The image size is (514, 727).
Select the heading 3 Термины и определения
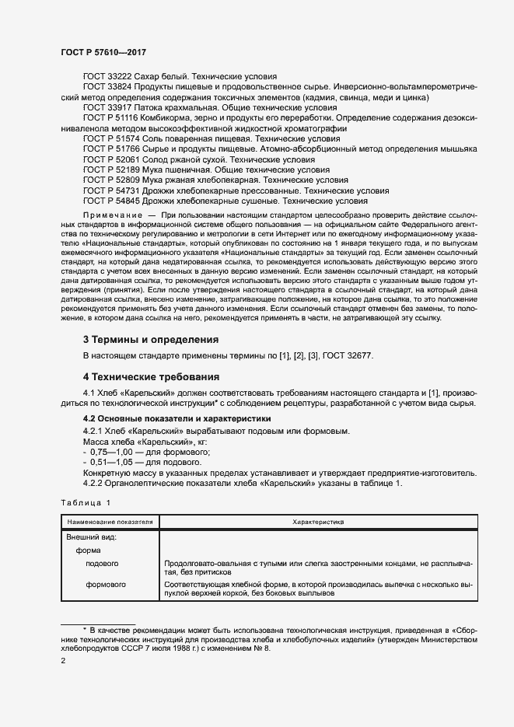(x=150, y=339)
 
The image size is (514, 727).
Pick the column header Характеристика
(x=318, y=523)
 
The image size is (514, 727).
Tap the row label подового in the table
(x=102, y=563)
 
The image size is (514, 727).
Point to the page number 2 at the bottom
(x=63, y=660)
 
